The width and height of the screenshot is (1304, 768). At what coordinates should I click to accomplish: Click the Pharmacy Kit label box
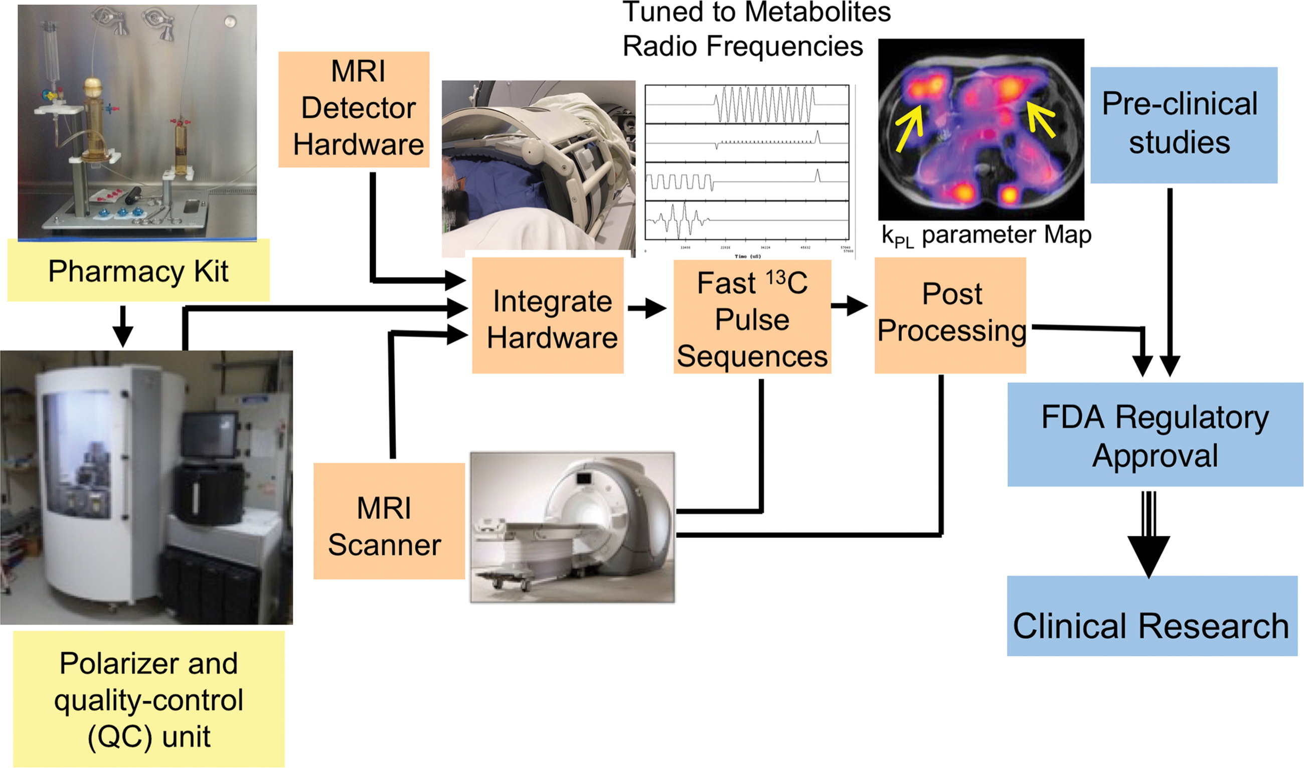click(138, 271)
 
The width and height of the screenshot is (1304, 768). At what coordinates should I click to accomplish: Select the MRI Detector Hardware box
click(354, 109)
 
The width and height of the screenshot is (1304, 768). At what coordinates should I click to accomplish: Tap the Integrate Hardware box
click(548, 316)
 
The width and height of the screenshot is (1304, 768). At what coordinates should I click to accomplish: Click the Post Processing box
click(950, 316)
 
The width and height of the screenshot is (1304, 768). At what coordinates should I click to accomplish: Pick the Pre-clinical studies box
click(1184, 125)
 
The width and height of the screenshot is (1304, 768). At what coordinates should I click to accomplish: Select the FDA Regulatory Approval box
click(1155, 435)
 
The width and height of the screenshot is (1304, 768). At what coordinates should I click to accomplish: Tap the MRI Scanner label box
click(389, 521)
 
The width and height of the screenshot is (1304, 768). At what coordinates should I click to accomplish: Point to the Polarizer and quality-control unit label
click(148, 699)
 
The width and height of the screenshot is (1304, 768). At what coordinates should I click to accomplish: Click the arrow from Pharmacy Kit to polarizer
click(123, 326)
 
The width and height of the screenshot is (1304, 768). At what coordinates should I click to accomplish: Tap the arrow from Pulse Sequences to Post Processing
click(850, 305)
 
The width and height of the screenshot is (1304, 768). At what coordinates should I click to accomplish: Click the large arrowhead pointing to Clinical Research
click(1149, 554)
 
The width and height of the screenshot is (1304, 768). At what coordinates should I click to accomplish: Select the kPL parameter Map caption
click(986, 236)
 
